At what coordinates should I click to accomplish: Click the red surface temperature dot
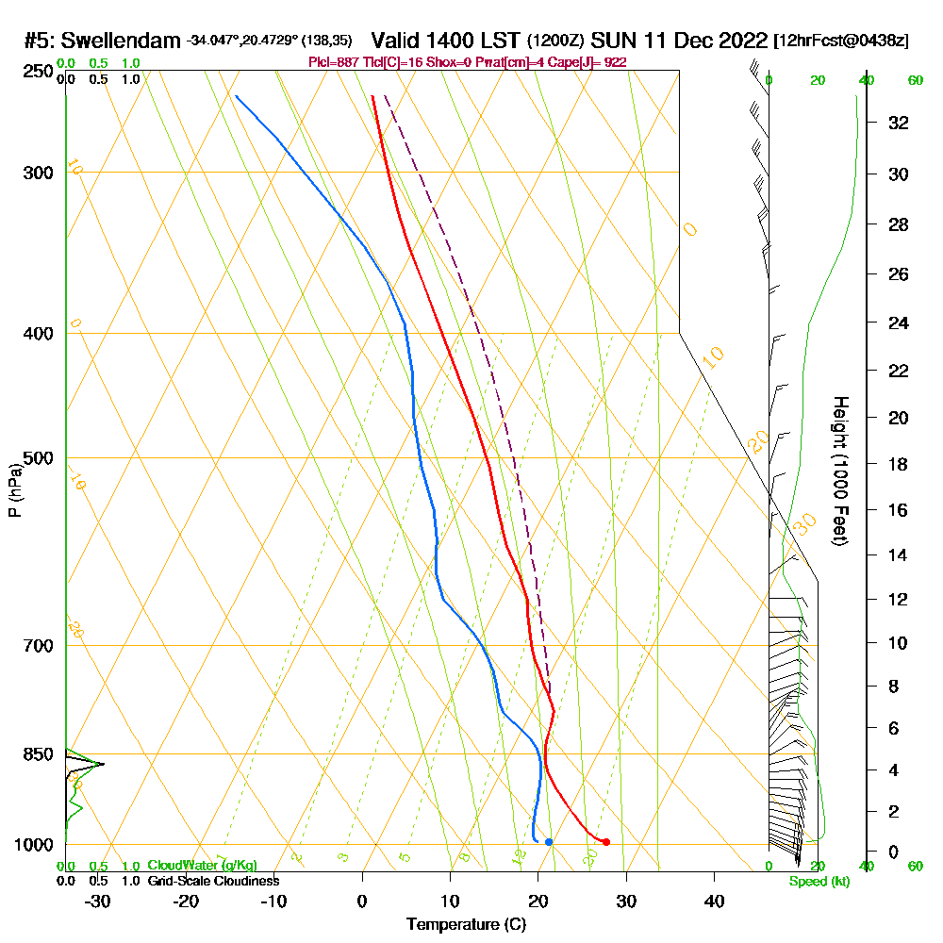pos(606,841)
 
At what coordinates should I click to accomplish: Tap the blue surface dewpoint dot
pos(549,841)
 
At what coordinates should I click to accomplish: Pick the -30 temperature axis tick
pos(98,901)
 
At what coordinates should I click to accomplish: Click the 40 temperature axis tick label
pos(714,901)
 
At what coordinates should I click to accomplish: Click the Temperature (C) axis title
pos(466,925)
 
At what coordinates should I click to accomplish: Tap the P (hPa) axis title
pos(14,490)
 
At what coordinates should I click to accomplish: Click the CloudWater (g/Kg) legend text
pos(202,866)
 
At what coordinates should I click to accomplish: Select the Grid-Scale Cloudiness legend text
pos(212,881)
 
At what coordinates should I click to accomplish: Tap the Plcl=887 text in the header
pos(331,62)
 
